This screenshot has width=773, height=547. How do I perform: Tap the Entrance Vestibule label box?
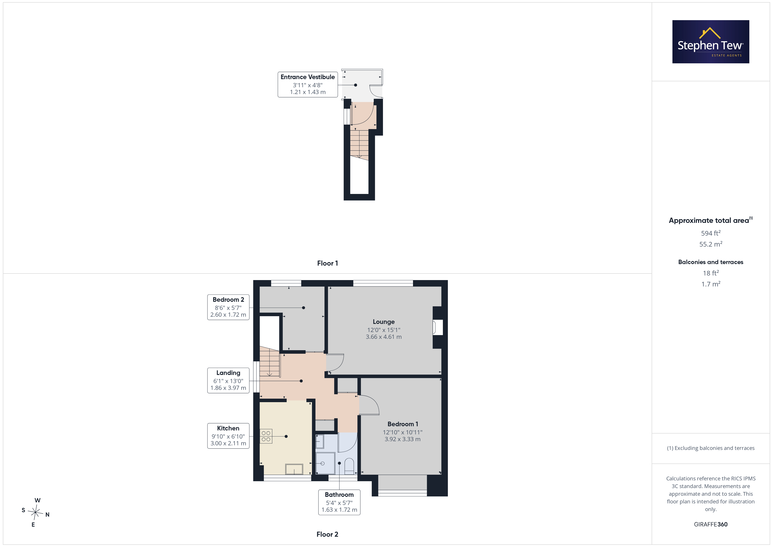(x=308, y=85)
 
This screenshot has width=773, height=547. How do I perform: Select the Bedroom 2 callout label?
(x=228, y=307)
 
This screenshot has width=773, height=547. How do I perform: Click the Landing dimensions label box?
(x=228, y=381)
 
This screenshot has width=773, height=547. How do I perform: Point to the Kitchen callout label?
(x=228, y=436)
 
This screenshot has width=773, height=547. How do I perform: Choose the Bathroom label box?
(x=339, y=502)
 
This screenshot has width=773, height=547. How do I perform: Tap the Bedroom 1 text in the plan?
(x=403, y=424)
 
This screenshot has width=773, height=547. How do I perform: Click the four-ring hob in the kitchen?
(x=266, y=436)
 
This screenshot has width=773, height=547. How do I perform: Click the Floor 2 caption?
(x=327, y=535)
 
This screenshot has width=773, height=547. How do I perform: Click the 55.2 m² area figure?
(x=711, y=244)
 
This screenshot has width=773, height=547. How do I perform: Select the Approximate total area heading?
(x=711, y=220)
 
